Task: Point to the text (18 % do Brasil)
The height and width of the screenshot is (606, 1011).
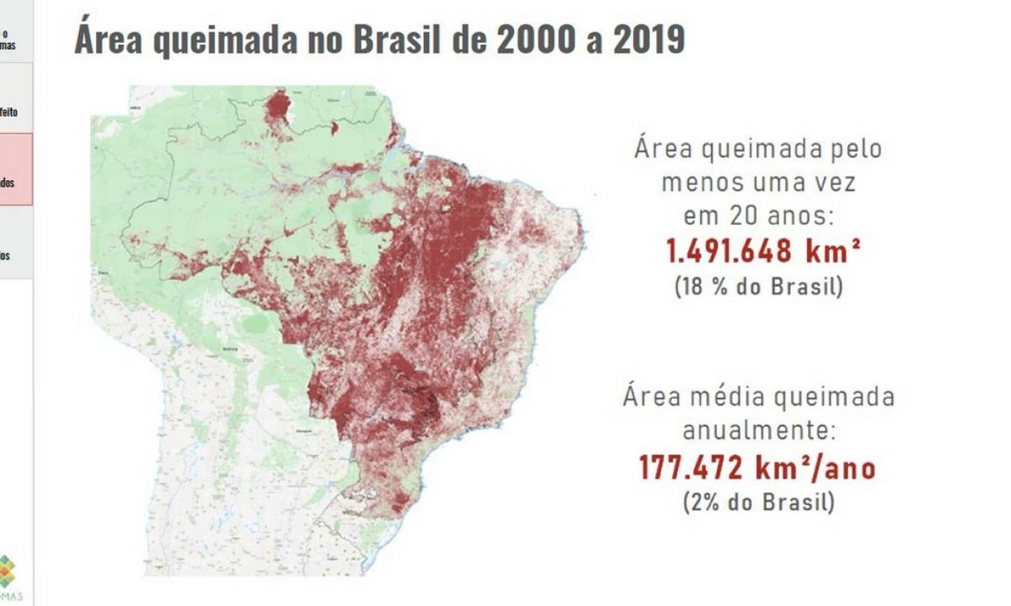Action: [x=757, y=285]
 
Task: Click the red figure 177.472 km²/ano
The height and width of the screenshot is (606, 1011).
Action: [x=757, y=467]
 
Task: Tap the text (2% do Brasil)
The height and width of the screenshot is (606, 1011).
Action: [x=757, y=502]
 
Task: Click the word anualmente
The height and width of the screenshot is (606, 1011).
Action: [x=759, y=432]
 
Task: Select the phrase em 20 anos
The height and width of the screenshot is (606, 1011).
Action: [x=757, y=216]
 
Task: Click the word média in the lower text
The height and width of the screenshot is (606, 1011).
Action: [x=722, y=396]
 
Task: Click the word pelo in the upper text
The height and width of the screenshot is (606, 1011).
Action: [x=852, y=150]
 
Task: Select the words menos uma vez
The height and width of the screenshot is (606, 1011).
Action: [x=757, y=183]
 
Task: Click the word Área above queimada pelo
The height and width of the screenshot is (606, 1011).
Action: [x=662, y=150]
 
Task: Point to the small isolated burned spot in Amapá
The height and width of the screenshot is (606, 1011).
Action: [x=334, y=129]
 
